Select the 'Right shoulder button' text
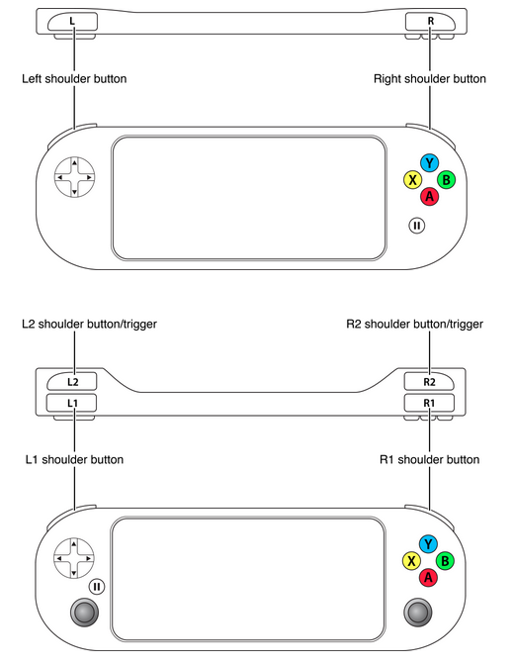[x=430, y=78]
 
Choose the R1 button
[x=430, y=403]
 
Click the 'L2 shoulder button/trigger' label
[x=89, y=324]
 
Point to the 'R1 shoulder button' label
[x=430, y=460]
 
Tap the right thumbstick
[x=418, y=614]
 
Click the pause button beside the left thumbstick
[x=97, y=586]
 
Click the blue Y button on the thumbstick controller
[x=428, y=544]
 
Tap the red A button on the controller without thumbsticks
[x=428, y=196]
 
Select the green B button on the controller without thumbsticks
[x=446, y=179]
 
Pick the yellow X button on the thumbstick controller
[x=410, y=561]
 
